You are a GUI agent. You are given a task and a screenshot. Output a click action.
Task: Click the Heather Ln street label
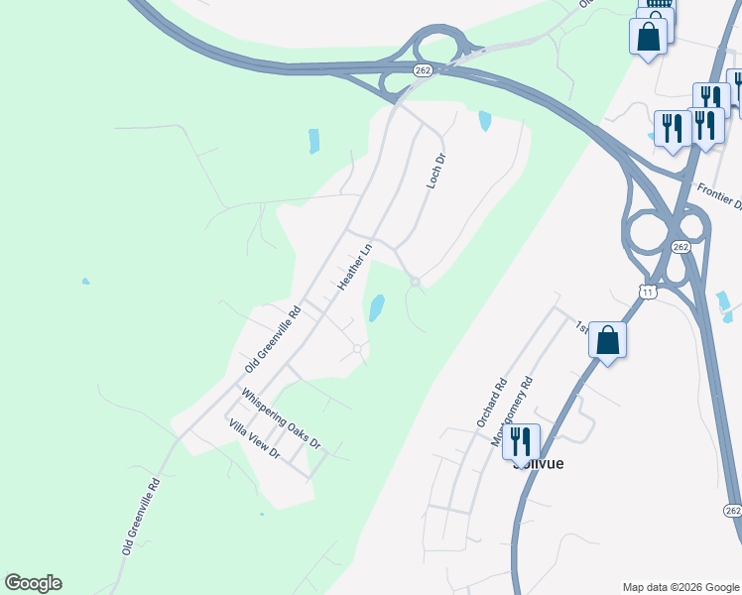point(354,265)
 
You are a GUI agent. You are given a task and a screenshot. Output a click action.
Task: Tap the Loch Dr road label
point(433,172)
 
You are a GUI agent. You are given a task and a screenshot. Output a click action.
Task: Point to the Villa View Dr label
point(255,440)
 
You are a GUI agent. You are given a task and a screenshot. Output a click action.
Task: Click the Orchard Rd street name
point(491,402)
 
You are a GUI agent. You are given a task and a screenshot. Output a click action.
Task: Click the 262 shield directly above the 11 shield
point(680,246)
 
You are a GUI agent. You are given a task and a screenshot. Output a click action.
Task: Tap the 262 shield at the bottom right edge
point(732,510)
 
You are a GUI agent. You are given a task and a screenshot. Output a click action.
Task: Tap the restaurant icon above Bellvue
point(521,441)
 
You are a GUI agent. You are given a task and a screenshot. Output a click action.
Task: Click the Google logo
point(33,583)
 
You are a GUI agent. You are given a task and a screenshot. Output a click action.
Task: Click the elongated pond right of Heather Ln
point(377,308)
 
